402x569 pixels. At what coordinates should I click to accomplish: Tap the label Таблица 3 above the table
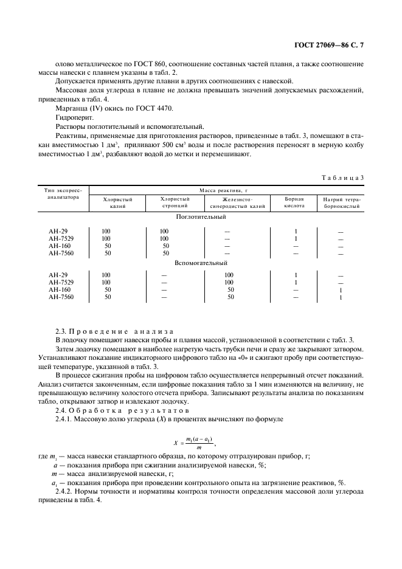tap(342, 177)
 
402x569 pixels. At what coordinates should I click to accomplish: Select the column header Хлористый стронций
tap(175, 202)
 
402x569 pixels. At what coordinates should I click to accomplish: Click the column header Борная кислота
tap(295, 202)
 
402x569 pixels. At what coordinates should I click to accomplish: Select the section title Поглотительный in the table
tap(201, 217)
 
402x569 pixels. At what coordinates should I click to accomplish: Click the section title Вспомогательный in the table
tap(201, 263)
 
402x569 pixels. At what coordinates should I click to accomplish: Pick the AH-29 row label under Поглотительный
tap(58, 231)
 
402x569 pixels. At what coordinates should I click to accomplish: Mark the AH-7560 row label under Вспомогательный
tap(61, 297)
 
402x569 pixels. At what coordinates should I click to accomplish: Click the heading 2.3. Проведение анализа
tap(114, 331)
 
